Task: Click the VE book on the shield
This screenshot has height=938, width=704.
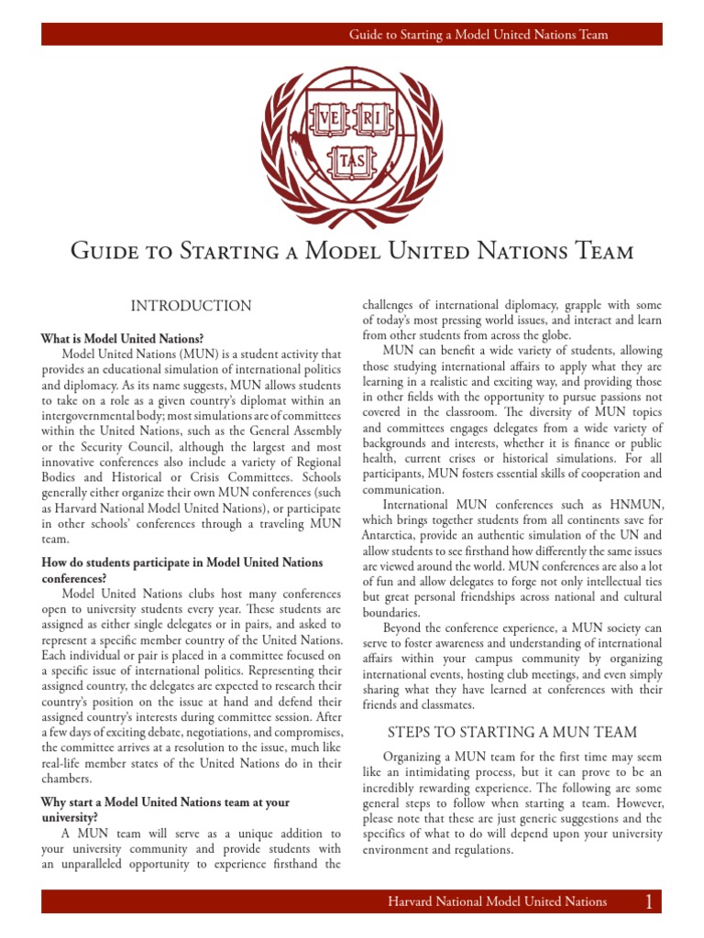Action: [x=327, y=121]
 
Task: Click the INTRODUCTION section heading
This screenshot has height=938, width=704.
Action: [x=191, y=306]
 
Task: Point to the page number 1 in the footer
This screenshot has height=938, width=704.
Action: [x=648, y=902]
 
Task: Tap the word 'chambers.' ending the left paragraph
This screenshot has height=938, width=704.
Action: [x=67, y=779]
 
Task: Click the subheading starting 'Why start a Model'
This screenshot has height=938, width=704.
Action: [x=165, y=802]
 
